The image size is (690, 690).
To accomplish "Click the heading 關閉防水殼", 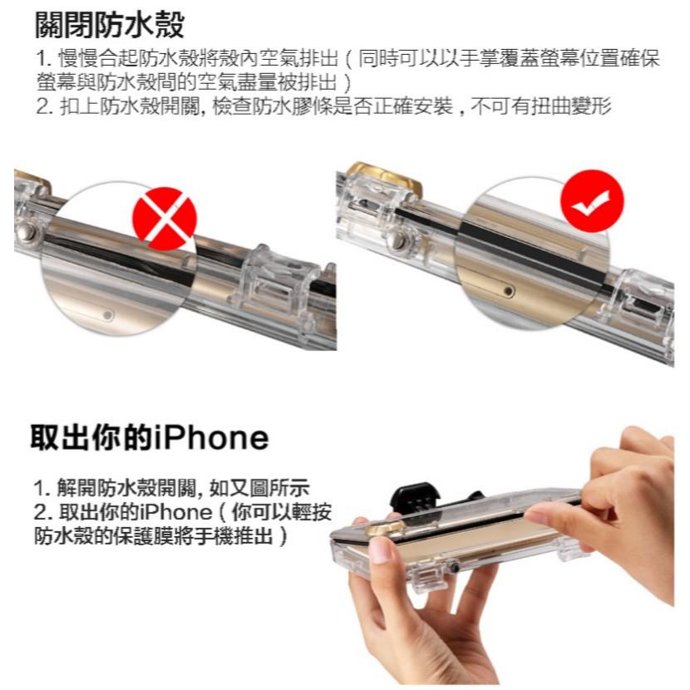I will tap(108, 25).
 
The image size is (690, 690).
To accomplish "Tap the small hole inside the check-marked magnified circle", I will tap(508, 293).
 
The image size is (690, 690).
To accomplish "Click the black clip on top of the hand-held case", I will tap(418, 497).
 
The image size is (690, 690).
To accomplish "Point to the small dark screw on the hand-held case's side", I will tap(455, 568).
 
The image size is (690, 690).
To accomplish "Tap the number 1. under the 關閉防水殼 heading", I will tap(43, 61).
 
